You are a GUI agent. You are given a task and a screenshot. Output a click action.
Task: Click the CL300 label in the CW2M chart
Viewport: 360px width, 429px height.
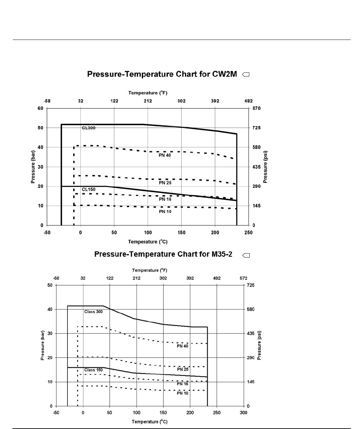(x=89, y=128)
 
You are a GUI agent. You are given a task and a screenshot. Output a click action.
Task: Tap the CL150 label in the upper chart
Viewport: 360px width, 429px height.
(x=89, y=190)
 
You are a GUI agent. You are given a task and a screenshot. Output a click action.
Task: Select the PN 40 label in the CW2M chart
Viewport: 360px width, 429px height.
(x=165, y=155)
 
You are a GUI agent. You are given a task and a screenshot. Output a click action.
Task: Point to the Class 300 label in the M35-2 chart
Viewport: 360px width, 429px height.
(x=93, y=312)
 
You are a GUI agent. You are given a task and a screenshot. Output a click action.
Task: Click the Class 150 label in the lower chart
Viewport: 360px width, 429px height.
(x=94, y=370)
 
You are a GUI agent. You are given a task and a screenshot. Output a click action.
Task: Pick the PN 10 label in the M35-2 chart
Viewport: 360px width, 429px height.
(x=183, y=393)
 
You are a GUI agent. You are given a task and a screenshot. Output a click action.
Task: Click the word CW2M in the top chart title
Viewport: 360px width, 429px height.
(x=225, y=74)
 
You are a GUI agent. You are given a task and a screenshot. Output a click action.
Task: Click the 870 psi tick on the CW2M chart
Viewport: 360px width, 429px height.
(x=256, y=108)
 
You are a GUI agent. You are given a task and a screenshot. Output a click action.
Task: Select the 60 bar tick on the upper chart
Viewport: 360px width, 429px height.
(x=40, y=108)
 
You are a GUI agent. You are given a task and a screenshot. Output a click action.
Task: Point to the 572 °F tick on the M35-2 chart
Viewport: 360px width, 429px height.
(x=243, y=278)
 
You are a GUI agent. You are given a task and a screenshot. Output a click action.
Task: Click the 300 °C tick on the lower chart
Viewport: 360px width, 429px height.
(x=244, y=413)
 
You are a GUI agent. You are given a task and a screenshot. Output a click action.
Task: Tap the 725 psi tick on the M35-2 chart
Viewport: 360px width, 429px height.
(x=251, y=285)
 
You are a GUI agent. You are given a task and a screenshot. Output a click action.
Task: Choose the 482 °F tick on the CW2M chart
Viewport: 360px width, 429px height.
(x=248, y=101)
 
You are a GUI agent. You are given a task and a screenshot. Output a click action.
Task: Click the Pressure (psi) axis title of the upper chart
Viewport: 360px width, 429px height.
(x=265, y=167)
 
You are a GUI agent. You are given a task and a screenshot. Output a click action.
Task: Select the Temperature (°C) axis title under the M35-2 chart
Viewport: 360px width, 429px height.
(x=150, y=422)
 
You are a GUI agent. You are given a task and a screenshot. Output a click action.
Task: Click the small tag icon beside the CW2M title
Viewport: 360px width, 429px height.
(x=246, y=75)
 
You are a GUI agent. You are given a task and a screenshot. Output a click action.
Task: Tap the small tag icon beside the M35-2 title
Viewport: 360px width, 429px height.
(x=246, y=256)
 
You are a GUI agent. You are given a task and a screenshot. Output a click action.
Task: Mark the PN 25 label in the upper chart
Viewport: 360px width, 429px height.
(x=165, y=183)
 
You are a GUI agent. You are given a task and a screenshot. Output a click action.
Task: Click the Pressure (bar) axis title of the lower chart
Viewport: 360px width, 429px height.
(x=43, y=345)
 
